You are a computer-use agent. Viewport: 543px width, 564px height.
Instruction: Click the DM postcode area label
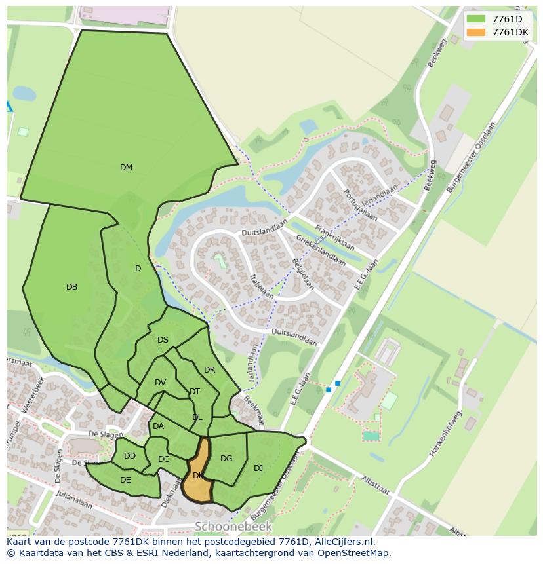coord(126,168)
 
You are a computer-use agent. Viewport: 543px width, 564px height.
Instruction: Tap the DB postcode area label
coord(72,287)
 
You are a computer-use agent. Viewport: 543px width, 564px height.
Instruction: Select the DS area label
coord(163,340)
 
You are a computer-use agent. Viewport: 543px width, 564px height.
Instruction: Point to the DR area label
coord(209,370)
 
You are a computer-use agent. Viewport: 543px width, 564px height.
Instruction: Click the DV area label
coord(160,383)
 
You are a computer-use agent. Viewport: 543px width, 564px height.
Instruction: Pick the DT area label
coord(195,392)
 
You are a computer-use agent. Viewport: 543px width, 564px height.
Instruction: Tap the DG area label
coord(226,459)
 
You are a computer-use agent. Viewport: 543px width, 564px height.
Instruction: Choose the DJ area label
coord(258,468)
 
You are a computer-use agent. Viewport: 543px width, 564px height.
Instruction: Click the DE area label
coord(125,479)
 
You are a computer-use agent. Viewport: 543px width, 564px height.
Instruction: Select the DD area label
coord(130,456)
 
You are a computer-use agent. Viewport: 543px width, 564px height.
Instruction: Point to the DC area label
coord(164,459)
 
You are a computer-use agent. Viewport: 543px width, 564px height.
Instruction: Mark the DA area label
coord(158,426)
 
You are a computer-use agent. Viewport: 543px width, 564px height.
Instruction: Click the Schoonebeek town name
coord(233,527)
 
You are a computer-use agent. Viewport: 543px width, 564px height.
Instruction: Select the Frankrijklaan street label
coord(334,238)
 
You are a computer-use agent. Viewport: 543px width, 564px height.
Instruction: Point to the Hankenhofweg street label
coord(445,434)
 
